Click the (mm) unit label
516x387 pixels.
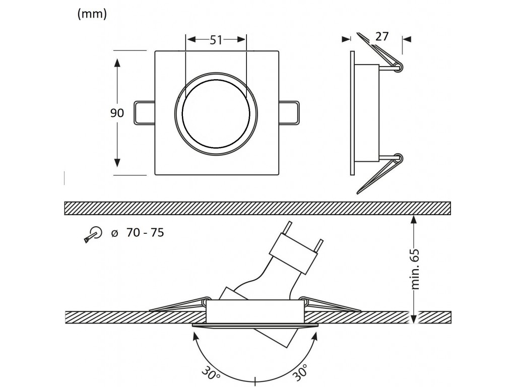tap(92, 14)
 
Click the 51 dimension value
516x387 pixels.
tap(216, 40)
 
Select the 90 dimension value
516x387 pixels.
tap(117, 113)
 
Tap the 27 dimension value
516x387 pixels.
tap(382, 36)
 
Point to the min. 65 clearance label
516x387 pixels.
tap(416, 269)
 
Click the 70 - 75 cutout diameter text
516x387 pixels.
tap(145, 233)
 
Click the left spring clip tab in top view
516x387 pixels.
tap(144, 113)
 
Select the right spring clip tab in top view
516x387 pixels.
tap(289, 113)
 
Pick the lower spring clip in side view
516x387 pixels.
tap(380, 173)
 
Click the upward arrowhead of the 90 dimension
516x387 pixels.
tap(117, 63)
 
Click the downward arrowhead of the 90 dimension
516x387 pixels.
tap(117, 163)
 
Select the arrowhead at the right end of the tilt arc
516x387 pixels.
tap(314, 336)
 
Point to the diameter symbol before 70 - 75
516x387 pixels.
tap(114, 233)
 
